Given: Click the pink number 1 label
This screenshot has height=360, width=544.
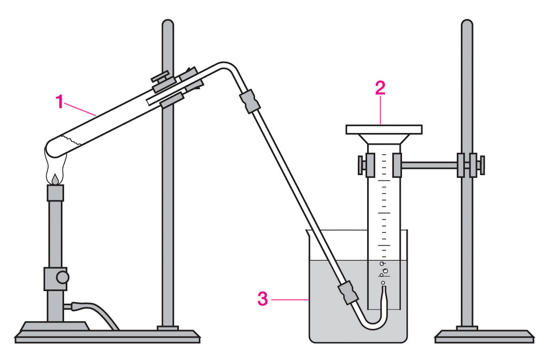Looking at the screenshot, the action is (x=59, y=101).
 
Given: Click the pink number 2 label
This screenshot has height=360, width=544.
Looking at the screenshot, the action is (x=380, y=88).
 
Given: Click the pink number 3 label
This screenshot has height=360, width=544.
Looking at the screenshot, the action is (x=262, y=299).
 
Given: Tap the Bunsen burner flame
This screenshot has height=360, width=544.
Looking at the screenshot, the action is (x=55, y=167).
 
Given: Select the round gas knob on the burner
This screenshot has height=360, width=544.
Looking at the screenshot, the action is (x=62, y=277).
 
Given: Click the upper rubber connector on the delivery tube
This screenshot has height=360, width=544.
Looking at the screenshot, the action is (x=249, y=101).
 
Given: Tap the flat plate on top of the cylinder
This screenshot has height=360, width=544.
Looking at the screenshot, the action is (x=384, y=129).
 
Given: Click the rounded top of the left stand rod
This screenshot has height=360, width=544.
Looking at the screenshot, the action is (x=168, y=23).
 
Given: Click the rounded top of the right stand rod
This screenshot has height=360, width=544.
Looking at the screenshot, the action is (x=467, y=23).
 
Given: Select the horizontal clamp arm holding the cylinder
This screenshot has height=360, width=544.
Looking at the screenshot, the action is (x=429, y=165).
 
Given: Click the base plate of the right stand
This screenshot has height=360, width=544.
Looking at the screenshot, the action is (x=484, y=336).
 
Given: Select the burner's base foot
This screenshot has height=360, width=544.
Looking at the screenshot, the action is (x=55, y=326).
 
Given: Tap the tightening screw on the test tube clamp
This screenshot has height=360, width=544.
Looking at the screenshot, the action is (x=161, y=77).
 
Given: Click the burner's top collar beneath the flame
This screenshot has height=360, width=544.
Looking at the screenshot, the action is (x=55, y=193).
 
